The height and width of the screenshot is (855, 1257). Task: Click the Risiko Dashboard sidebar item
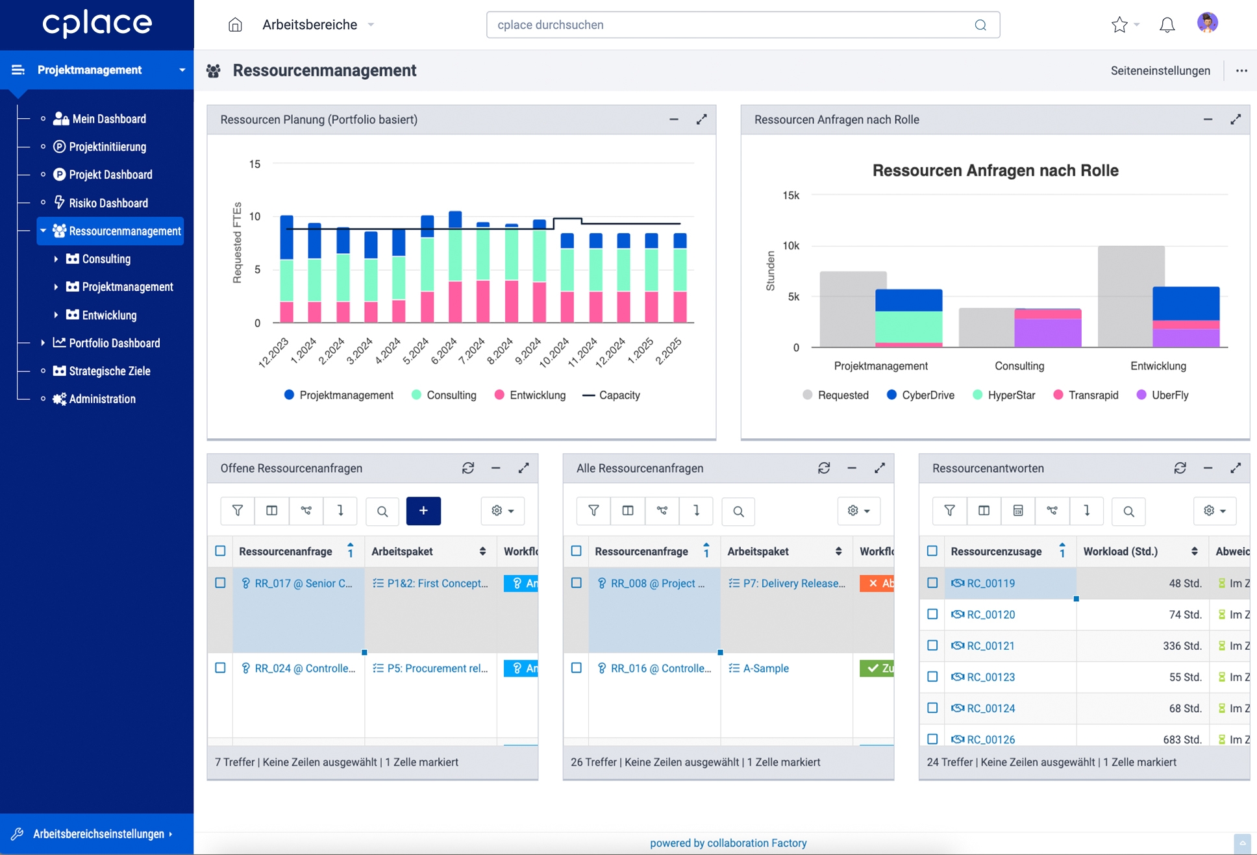coord(108,203)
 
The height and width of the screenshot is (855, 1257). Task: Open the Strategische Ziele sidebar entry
coord(109,371)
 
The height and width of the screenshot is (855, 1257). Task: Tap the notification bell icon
coord(1167,25)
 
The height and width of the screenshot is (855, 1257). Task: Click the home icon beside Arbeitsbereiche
coord(235,25)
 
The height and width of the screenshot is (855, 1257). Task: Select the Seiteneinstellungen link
coord(1160,71)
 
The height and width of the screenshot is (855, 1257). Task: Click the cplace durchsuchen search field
coord(734,25)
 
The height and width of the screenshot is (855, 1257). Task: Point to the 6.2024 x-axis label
coord(444,351)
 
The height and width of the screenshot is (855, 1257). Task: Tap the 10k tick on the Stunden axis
coord(790,246)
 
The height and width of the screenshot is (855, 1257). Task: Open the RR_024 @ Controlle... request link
coord(305,668)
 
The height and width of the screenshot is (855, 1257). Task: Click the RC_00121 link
coord(990,646)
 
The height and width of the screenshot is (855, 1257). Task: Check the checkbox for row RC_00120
coord(932,614)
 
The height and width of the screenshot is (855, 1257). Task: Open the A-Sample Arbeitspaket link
coord(765,668)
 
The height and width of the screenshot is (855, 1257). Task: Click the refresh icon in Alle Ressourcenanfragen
coord(823,468)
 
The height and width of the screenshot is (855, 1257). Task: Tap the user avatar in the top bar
coord(1207,23)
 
